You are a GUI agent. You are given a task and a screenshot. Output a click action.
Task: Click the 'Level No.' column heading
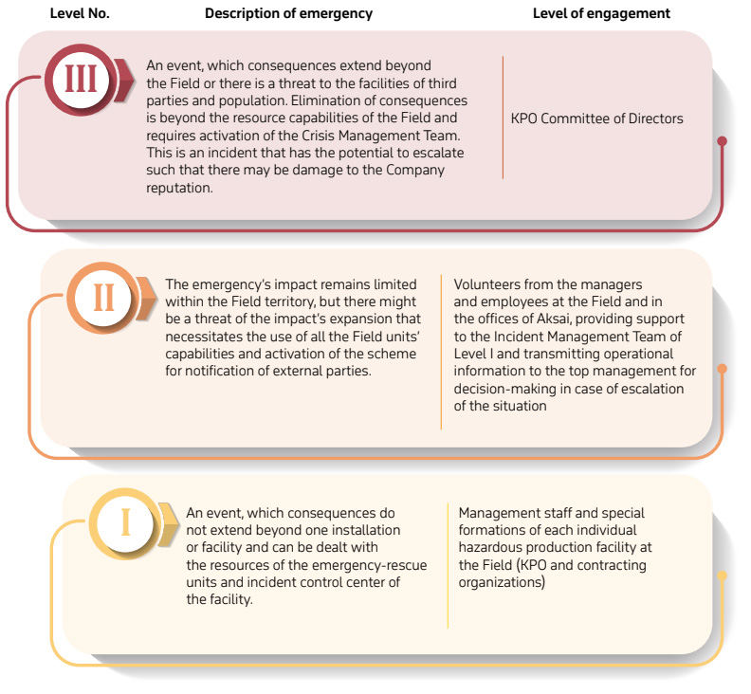pyautogui.click(x=80, y=13)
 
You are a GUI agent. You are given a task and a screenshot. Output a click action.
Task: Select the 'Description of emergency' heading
pyautogui.click(x=288, y=13)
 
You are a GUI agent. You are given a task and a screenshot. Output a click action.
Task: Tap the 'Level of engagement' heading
pyautogui.click(x=601, y=13)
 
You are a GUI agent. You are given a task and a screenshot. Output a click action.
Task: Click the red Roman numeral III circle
pyautogui.click(x=81, y=80)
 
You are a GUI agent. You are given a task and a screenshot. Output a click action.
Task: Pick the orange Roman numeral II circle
pyautogui.click(x=103, y=298)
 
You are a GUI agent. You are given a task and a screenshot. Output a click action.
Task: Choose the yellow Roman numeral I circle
pyautogui.click(x=125, y=523)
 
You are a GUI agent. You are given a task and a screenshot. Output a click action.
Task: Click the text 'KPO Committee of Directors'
pyautogui.click(x=596, y=119)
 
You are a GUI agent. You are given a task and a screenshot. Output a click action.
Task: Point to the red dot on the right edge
pyautogui.click(x=723, y=141)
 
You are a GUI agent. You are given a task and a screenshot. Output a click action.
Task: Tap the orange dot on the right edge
pyautogui.click(x=723, y=368)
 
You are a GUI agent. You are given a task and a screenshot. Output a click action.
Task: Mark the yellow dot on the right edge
pyautogui.click(x=723, y=575)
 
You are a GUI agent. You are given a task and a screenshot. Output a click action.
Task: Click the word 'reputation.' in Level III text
pyautogui.click(x=179, y=188)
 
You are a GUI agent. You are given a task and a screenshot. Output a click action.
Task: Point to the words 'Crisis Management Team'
pyautogui.click(x=380, y=136)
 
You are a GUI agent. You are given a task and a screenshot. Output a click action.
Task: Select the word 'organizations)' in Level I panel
pyautogui.click(x=502, y=582)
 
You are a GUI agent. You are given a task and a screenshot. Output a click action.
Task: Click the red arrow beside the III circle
pyautogui.click(x=124, y=80)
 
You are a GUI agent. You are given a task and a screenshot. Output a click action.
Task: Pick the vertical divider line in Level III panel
pyautogui.click(x=503, y=118)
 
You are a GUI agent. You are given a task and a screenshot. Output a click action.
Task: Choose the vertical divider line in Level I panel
pyautogui.click(x=448, y=565)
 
